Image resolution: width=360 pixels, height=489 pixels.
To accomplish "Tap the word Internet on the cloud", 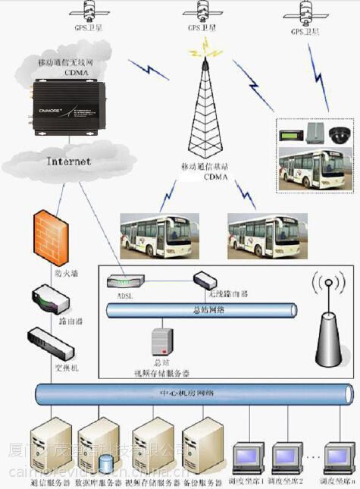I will pos(68,161).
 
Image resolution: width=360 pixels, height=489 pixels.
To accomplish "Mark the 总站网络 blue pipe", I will pos(197,309).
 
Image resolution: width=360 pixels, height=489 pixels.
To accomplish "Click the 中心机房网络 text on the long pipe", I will pos(192,393).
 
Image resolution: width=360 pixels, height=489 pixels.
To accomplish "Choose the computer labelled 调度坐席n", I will pos(337,456).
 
